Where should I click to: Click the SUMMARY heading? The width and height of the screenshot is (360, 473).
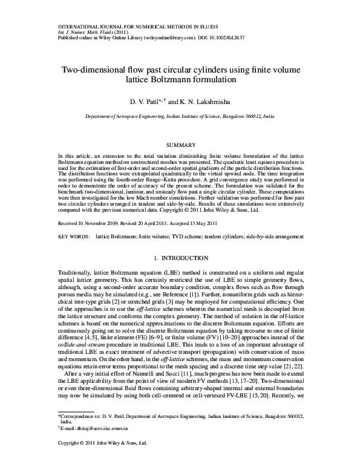(x=179, y=146)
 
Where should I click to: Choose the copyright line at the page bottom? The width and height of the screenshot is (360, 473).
(x=103, y=460)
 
